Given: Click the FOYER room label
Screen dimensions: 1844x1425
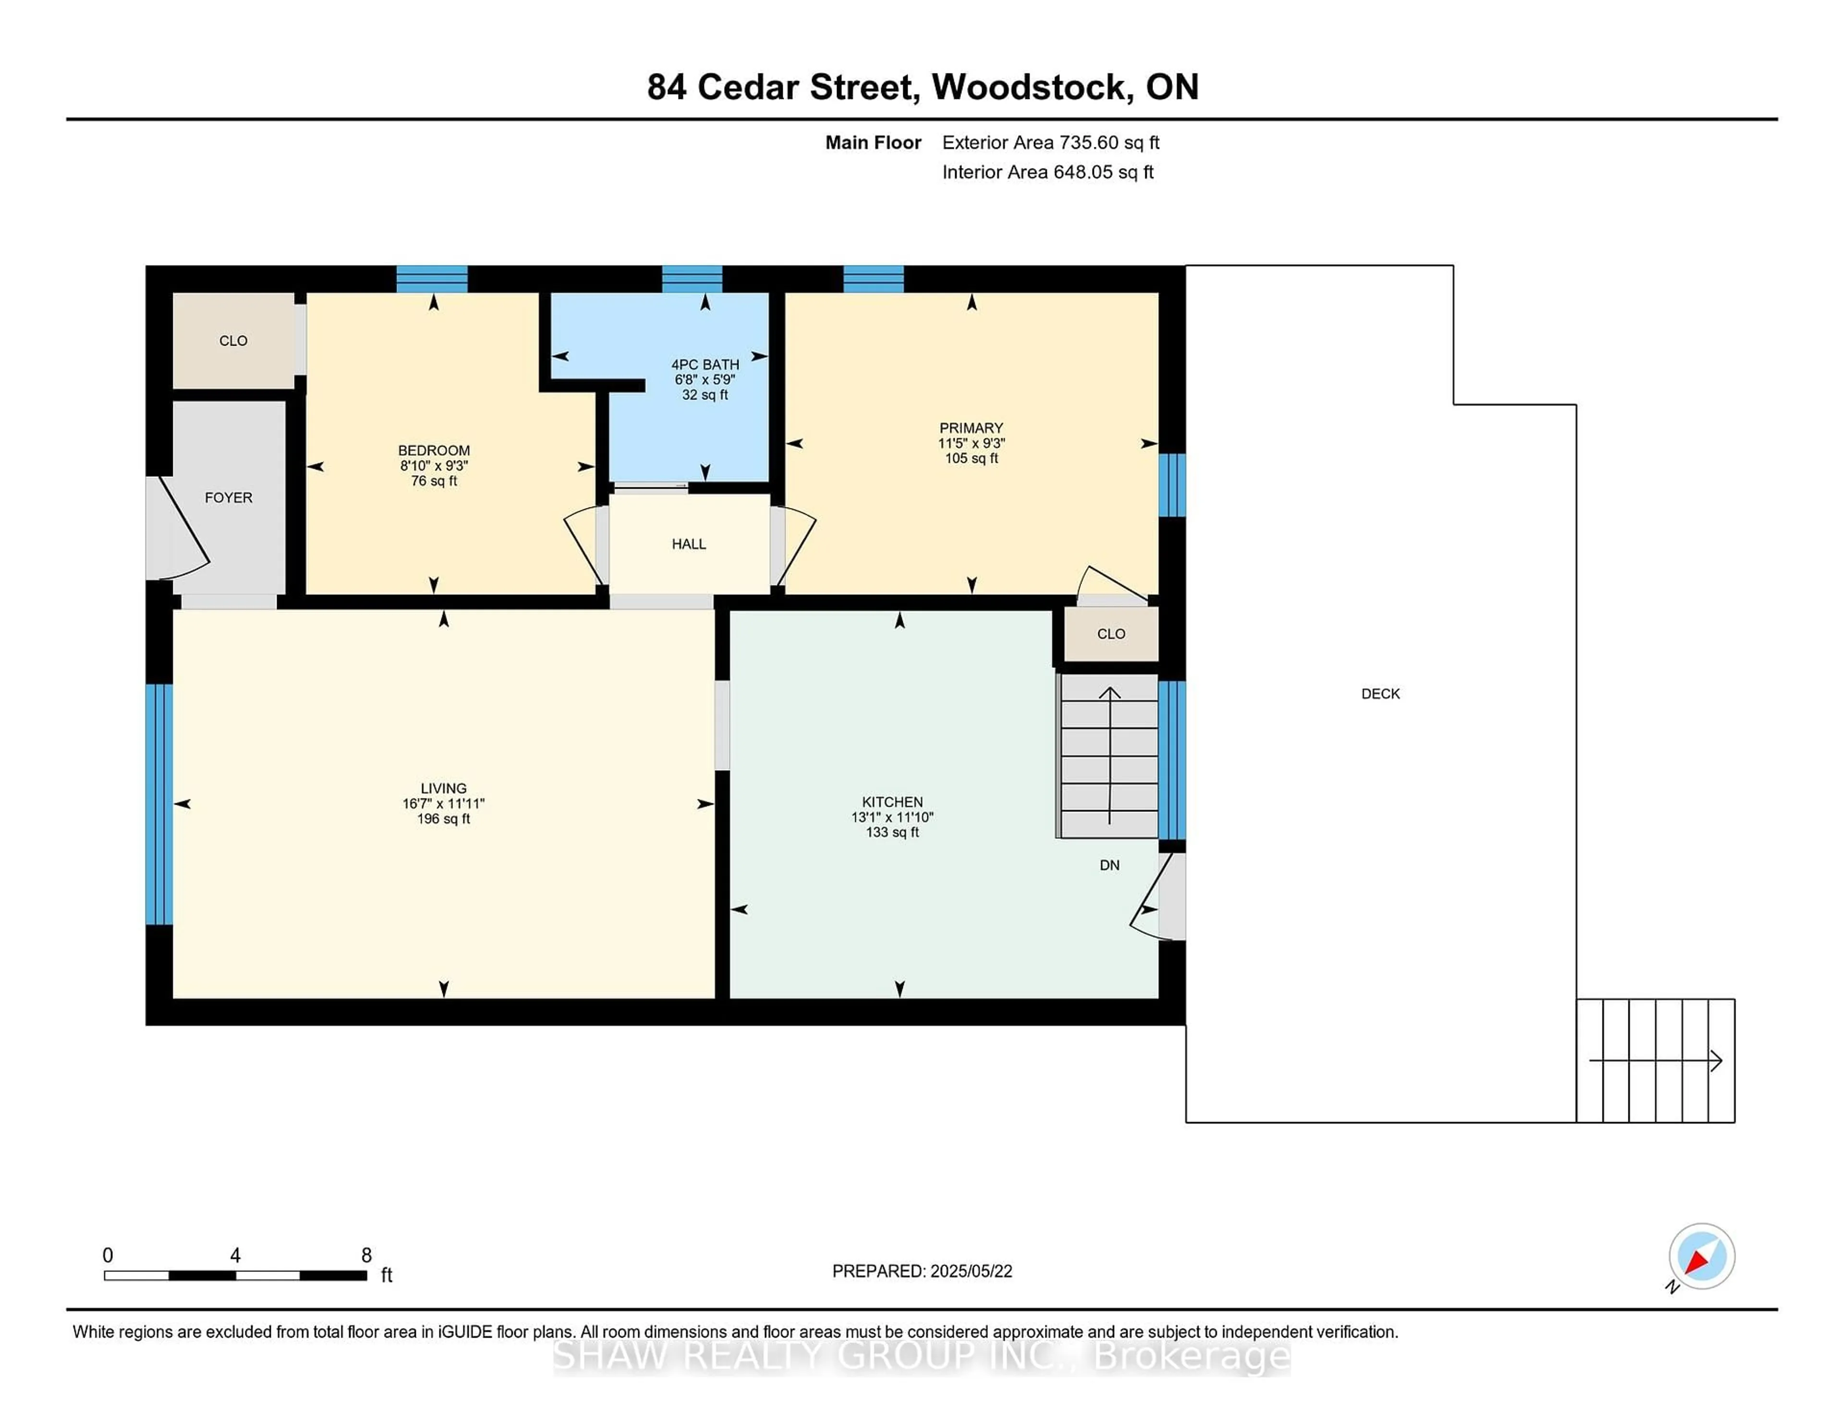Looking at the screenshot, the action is click(228, 498).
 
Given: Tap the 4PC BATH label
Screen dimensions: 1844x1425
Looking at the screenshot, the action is click(705, 365).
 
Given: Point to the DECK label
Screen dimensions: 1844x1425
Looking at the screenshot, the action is click(1381, 694).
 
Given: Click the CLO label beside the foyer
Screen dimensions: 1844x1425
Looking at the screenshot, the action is click(233, 341).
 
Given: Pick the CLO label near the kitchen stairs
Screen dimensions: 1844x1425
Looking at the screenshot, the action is click(1111, 634).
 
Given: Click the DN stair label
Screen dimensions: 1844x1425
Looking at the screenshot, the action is click(1109, 865).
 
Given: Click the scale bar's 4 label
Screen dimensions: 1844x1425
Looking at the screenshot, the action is click(236, 1256).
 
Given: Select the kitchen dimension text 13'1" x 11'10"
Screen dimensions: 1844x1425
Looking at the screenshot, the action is click(892, 817).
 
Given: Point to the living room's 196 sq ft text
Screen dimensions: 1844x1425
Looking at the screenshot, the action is click(443, 819).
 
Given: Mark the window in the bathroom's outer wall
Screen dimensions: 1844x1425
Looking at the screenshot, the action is click(691, 278).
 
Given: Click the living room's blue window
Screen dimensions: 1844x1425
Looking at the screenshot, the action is click(159, 804).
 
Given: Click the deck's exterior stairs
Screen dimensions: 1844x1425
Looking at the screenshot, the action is click(1655, 1060).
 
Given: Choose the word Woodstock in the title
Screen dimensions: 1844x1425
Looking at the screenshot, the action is click(1032, 87).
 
